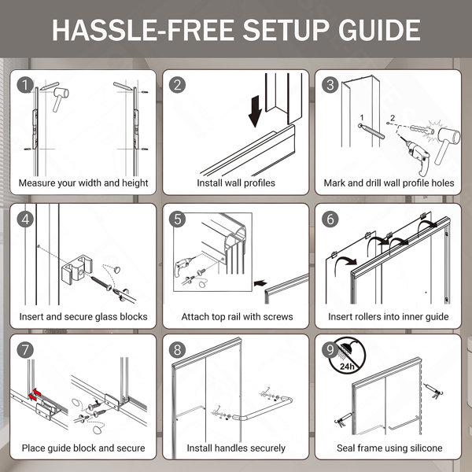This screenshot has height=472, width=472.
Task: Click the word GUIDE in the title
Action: pyautogui.click(x=379, y=30)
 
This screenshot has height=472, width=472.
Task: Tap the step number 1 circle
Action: pyautogui.click(x=25, y=85)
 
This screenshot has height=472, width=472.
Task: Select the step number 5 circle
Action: pyautogui.click(x=178, y=219)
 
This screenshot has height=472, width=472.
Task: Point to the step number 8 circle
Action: pyautogui.click(x=178, y=350)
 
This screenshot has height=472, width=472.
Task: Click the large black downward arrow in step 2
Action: pyautogui.click(x=255, y=112)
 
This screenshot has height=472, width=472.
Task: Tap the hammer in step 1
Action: pyautogui.click(x=61, y=99)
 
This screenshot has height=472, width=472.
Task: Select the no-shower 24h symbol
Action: pyautogui.click(x=347, y=356)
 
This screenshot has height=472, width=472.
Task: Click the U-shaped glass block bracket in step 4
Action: pyautogui.click(x=76, y=269)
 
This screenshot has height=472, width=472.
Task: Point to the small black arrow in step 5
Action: pyautogui.click(x=260, y=283)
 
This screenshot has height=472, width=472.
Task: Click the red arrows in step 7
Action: pyautogui.click(x=35, y=395)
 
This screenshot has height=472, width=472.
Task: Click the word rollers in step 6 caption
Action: pyautogui.click(x=360, y=317)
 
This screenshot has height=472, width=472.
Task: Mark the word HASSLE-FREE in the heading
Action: pyautogui.click(x=143, y=30)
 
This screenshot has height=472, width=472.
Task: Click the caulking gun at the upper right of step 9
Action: pyautogui.click(x=433, y=391)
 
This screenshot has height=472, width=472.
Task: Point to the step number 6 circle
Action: pyautogui.click(x=330, y=219)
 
